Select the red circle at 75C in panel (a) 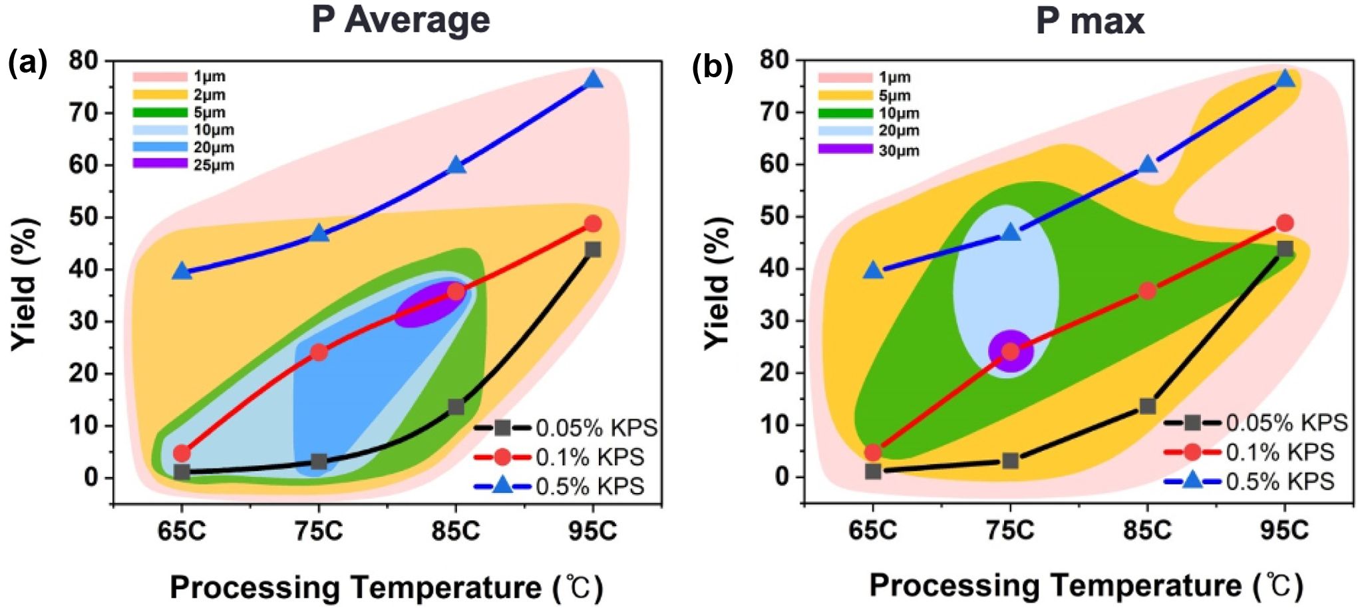pyautogui.click(x=319, y=352)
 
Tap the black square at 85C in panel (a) pyautogui.click(x=456, y=407)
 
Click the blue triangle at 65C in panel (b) pyautogui.click(x=874, y=271)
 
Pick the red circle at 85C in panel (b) pyautogui.click(x=1147, y=290)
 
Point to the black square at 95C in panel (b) pyautogui.click(x=1285, y=249)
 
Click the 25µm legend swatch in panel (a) pyautogui.click(x=160, y=164)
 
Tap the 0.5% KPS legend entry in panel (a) pyautogui.click(x=559, y=487)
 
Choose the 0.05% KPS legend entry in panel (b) pyautogui.click(x=1255, y=423)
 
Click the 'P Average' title pyautogui.click(x=401, y=20)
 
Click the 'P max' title pyautogui.click(x=1090, y=21)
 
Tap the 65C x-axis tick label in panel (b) pyautogui.click(x=873, y=531)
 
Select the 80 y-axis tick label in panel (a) pyautogui.click(x=83, y=61)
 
